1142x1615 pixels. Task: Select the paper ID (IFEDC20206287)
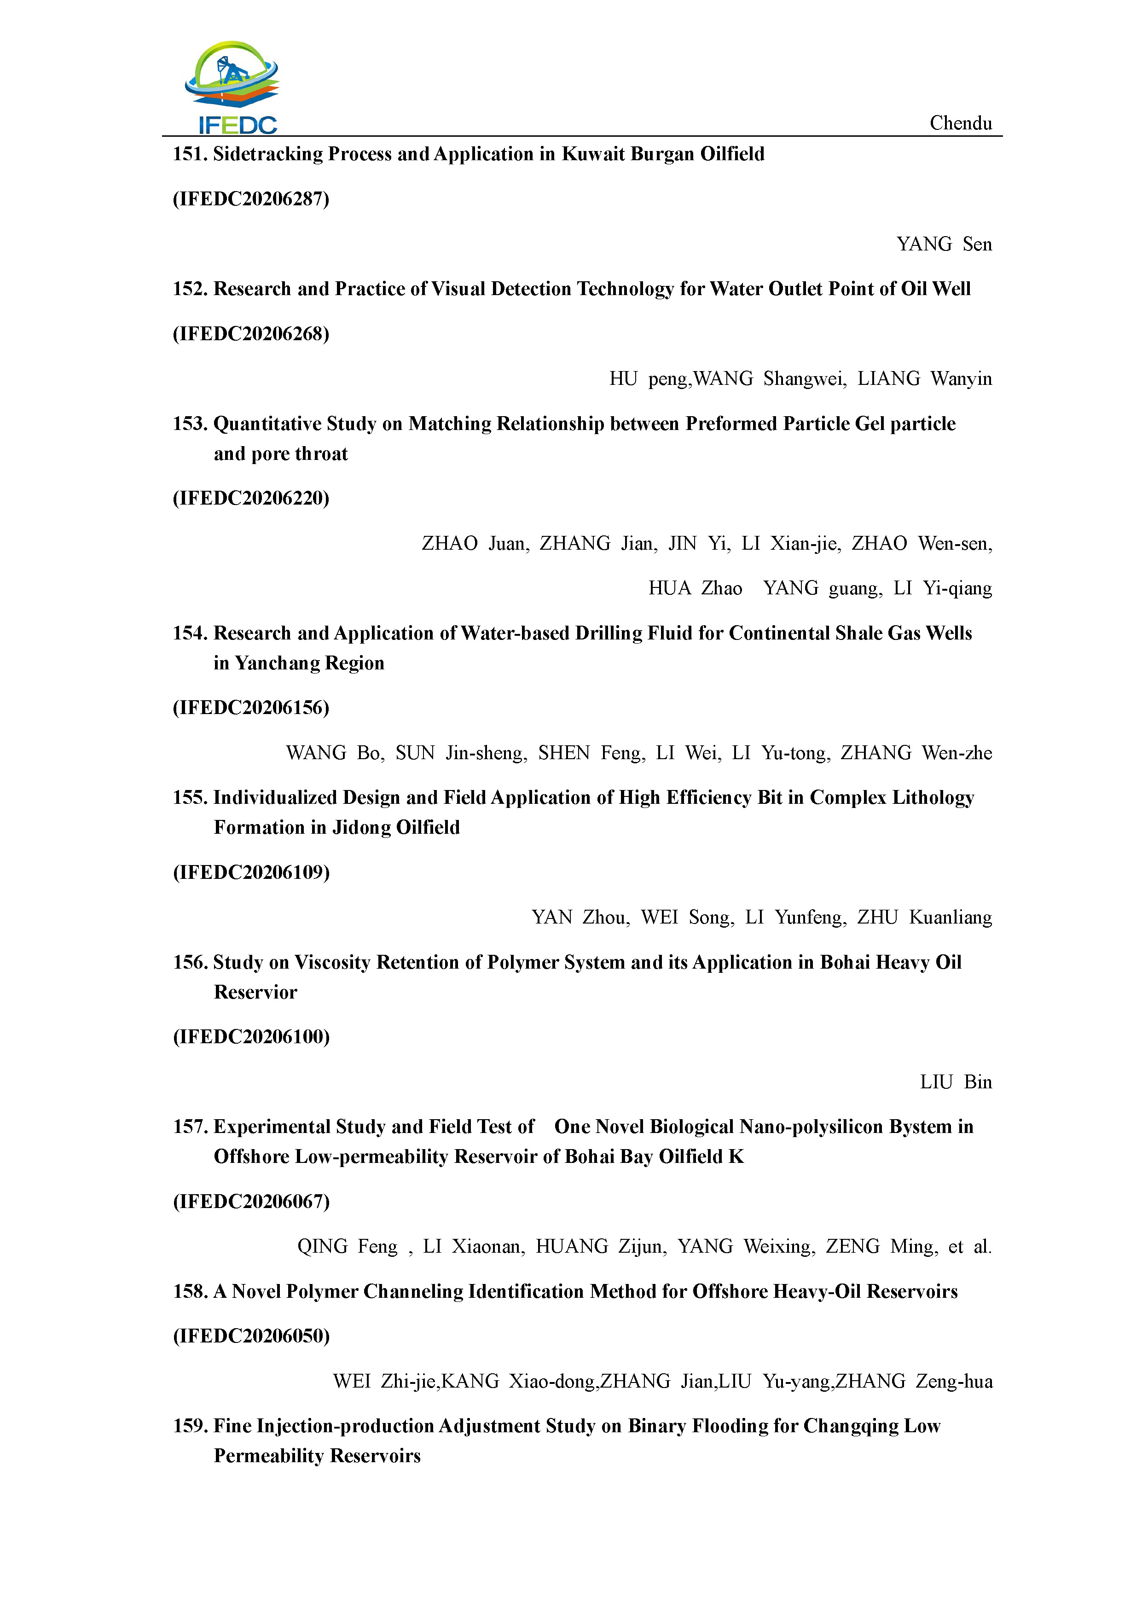(251, 199)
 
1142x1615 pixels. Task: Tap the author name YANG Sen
(944, 244)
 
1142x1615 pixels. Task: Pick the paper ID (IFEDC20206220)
(251, 498)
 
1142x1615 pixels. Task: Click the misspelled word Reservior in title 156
(255, 993)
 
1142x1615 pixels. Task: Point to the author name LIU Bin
(956, 1082)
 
